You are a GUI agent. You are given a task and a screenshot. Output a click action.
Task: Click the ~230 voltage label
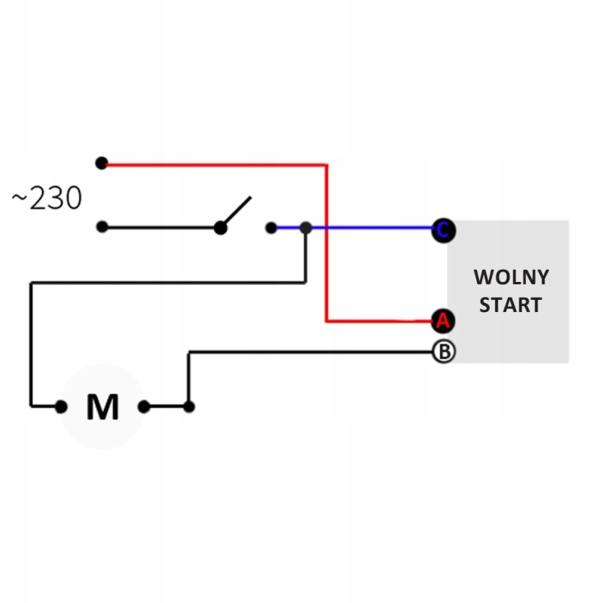(x=47, y=199)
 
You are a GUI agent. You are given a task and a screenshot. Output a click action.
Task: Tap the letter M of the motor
(x=103, y=407)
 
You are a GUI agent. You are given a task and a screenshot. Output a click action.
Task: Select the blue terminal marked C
(x=443, y=231)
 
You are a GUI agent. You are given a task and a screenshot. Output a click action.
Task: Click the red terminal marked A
(x=443, y=321)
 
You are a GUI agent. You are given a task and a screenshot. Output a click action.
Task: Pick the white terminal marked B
(x=443, y=351)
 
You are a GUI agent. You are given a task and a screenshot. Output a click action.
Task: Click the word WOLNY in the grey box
(x=511, y=277)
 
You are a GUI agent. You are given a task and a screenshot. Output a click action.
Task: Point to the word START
(x=511, y=305)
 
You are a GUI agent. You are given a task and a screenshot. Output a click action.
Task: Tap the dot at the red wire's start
(x=102, y=163)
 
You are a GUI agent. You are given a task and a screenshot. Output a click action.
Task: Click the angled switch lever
(x=236, y=211)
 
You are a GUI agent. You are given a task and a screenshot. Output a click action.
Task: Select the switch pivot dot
(x=220, y=228)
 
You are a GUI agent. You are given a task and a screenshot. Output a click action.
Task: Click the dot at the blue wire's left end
(x=271, y=227)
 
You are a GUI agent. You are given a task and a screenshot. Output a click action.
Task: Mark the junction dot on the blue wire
(x=305, y=227)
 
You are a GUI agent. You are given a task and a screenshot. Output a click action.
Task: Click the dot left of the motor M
(x=61, y=407)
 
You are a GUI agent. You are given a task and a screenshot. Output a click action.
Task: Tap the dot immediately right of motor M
(x=143, y=407)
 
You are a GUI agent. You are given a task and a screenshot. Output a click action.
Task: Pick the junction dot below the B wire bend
(x=188, y=407)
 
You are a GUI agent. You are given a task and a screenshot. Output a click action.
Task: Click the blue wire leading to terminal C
(x=377, y=227)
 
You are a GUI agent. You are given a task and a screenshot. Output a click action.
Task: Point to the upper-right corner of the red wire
(x=326, y=164)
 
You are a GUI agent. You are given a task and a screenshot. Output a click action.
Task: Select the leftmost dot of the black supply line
(x=102, y=227)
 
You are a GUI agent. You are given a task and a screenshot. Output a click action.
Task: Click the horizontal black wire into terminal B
(x=317, y=351)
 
